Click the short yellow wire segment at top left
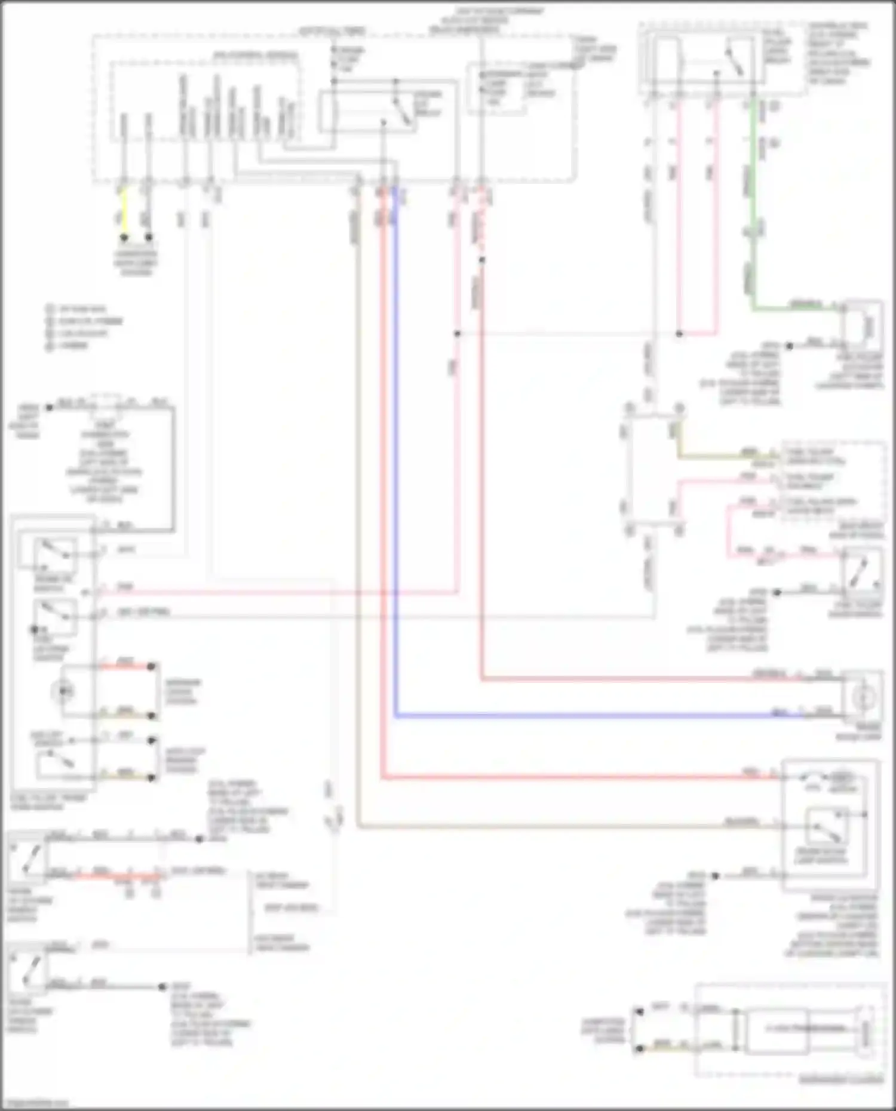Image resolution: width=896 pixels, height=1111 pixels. pos(124,212)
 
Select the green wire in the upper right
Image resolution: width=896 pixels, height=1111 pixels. pos(754,203)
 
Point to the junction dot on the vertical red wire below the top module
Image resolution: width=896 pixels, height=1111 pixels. pos(481,260)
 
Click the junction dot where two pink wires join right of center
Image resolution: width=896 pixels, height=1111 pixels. pos(679,334)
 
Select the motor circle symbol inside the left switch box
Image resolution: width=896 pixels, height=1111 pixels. pos(63,691)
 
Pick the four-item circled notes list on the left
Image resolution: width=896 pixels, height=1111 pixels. pos(84,327)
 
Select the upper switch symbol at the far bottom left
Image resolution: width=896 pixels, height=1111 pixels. pos(27,860)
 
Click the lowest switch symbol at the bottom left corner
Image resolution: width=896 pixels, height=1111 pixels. pos(27,970)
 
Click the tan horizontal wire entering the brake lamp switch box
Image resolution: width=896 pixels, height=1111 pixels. pos(567,827)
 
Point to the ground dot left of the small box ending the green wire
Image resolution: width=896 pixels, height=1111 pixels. pos(788,346)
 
